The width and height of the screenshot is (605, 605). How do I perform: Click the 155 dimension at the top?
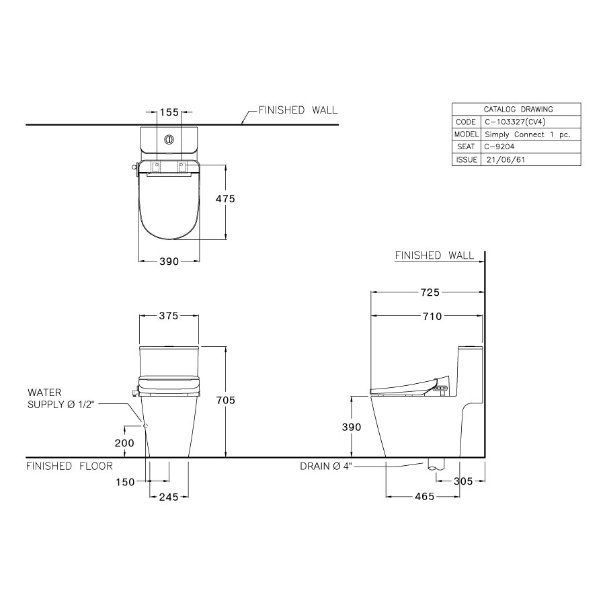169,112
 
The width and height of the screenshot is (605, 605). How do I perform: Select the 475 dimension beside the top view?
225,200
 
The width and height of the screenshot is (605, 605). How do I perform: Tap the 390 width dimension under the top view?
169,261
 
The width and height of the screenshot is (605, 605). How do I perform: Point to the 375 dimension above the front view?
169,317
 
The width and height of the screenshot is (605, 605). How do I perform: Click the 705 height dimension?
226,401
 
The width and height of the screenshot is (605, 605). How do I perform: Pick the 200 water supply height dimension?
125,443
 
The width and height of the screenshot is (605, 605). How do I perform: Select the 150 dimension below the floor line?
126,481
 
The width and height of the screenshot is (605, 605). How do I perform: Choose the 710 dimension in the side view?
432,317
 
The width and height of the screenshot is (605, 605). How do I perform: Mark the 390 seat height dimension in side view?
352,427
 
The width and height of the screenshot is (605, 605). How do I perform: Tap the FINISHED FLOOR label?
69,466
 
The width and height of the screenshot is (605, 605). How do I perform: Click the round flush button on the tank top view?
169,140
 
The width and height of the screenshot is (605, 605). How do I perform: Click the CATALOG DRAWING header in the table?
518,110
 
